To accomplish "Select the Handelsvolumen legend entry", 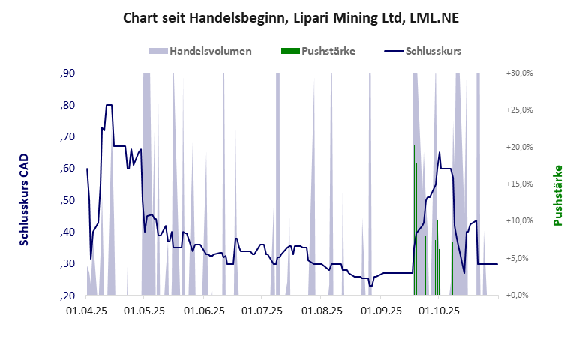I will click(x=210, y=51).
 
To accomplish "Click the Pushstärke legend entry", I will click(x=328, y=51).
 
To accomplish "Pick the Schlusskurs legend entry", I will click(x=433, y=51).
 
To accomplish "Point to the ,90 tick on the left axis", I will click(x=67, y=73).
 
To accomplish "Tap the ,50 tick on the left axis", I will click(x=67, y=200).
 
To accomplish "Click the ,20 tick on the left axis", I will click(x=67, y=295).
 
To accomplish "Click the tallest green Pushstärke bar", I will click(x=454, y=187).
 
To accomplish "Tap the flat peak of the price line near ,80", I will click(x=109, y=105).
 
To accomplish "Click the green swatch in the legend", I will click(x=290, y=51).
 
